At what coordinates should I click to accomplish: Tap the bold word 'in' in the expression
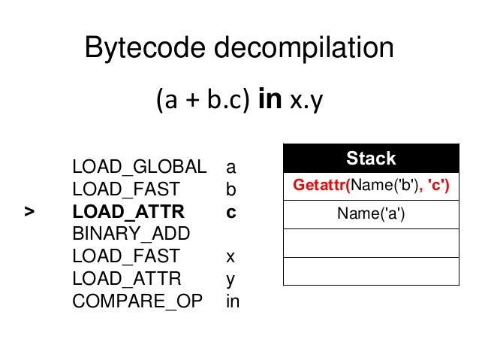[x=270, y=101]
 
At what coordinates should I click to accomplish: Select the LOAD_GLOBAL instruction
[x=139, y=166]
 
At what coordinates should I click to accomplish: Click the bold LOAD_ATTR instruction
[x=128, y=212]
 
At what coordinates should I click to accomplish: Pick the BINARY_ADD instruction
[x=131, y=234]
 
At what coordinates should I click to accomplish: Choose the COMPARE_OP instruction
[x=137, y=301]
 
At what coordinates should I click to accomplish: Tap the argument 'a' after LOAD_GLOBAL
[x=230, y=166]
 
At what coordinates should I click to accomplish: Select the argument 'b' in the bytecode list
[x=230, y=189]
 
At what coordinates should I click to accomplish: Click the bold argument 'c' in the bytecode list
[x=230, y=212]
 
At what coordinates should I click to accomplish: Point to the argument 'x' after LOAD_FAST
[x=230, y=256]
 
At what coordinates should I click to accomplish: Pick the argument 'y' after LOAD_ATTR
[x=230, y=279]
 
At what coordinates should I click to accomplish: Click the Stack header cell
[x=371, y=159]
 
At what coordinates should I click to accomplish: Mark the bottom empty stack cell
[x=371, y=271]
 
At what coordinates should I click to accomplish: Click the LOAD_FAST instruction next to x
[x=125, y=256]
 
